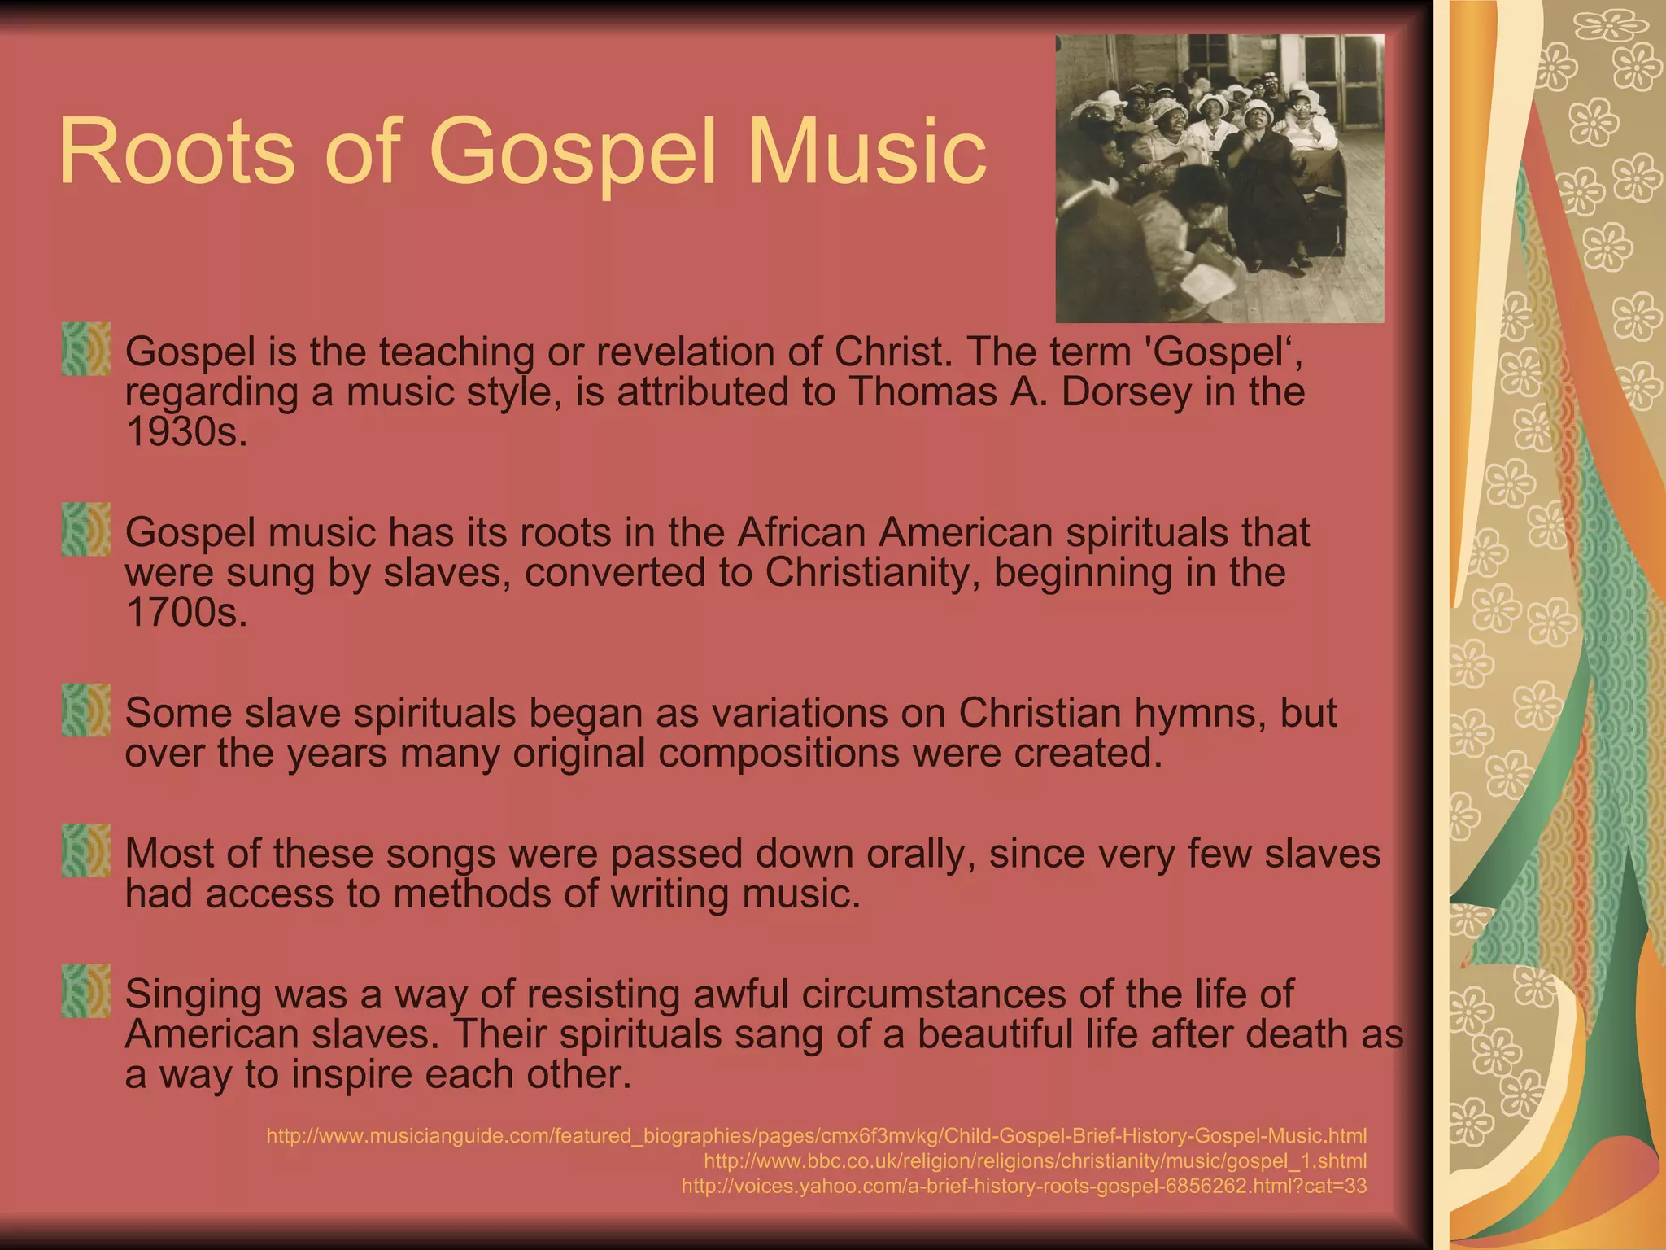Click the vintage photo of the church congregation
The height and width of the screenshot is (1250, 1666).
pyautogui.click(x=1219, y=178)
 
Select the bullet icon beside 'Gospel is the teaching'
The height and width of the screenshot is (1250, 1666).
pyautogui.click(x=86, y=349)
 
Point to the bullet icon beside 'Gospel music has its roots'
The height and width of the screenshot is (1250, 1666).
pyautogui.click(x=86, y=530)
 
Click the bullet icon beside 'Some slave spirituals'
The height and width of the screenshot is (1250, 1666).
pyautogui.click(x=86, y=710)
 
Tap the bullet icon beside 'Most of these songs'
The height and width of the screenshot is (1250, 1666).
pyautogui.click(x=86, y=851)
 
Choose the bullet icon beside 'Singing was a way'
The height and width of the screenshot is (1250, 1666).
pyautogui.click(x=86, y=992)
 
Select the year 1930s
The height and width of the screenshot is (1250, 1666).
pyautogui.click(x=186, y=432)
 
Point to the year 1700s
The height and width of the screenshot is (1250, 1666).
pyautogui.click(x=186, y=613)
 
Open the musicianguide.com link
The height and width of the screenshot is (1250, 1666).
pyautogui.click(x=816, y=1135)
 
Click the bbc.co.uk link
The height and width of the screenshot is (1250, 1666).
pyautogui.click(x=1035, y=1160)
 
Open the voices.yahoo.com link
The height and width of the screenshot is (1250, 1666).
pyautogui.click(x=1023, y=1186)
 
